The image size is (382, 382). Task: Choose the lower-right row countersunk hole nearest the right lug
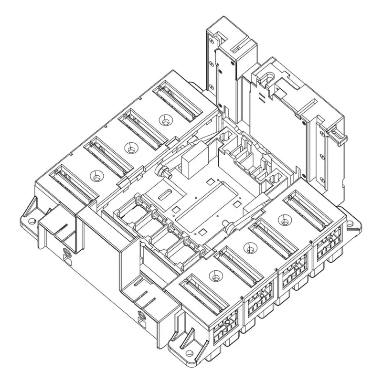286,220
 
